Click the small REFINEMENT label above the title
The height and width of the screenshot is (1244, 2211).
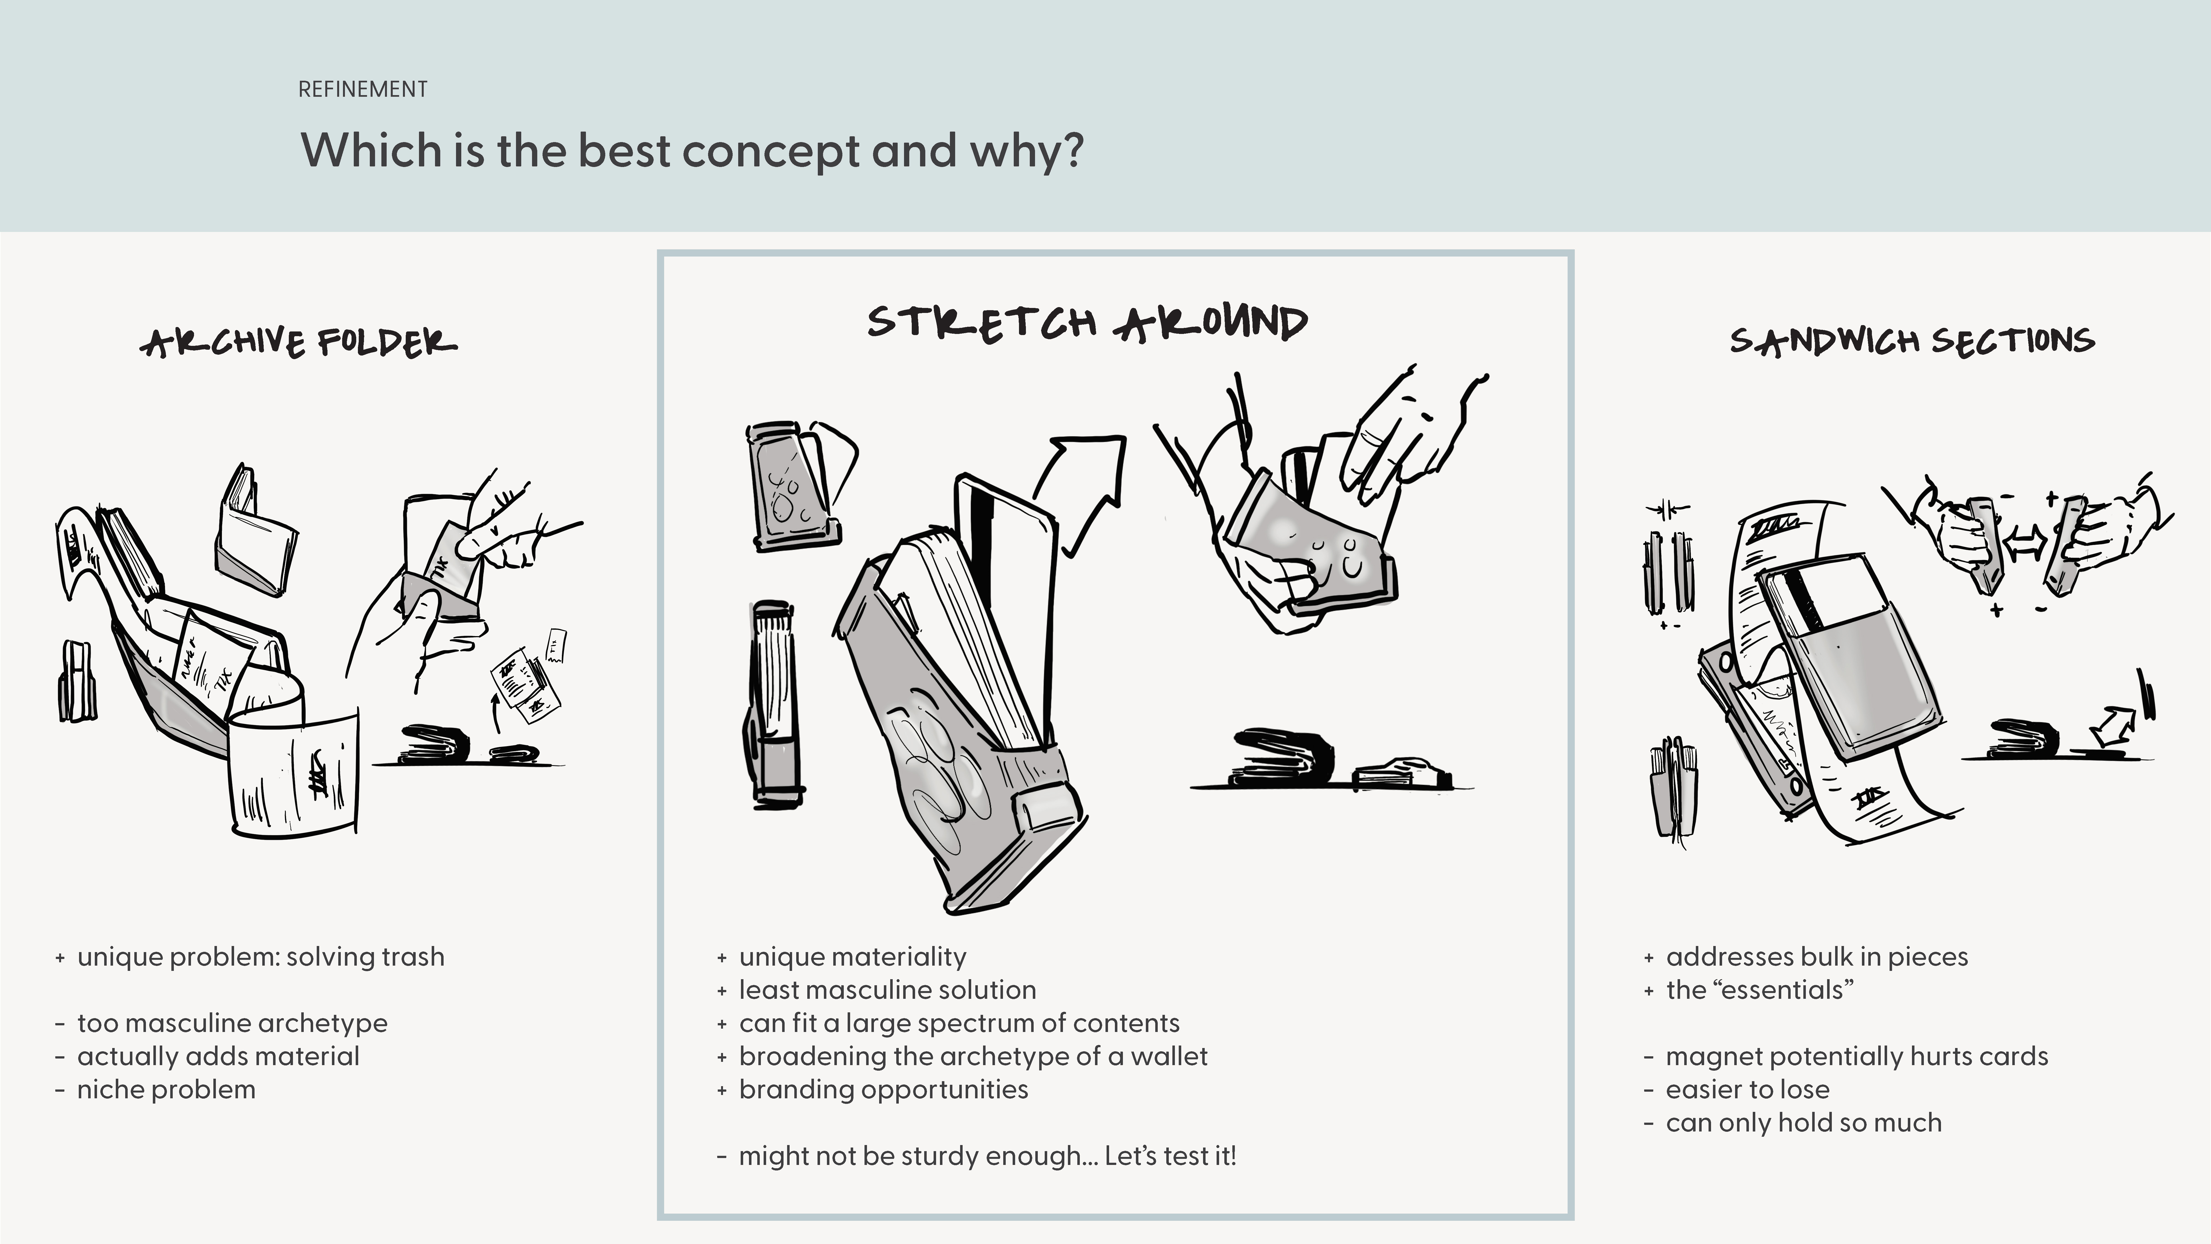(362, 89)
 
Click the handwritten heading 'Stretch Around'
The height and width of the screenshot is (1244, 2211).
(1088, 323)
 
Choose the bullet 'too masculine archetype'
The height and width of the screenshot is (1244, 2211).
(232, 1023)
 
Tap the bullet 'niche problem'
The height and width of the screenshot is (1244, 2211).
(166, 1089)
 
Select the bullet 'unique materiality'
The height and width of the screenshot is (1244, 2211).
(852, 956)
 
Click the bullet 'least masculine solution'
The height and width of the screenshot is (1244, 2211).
(887, 990)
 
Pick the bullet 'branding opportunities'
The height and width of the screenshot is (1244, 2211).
(883, 1089)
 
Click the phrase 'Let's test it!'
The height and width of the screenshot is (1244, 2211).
(1171, 1156)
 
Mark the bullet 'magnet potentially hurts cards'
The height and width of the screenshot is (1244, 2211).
(1856, 1056)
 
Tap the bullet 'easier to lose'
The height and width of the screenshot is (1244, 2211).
(1748, 1089)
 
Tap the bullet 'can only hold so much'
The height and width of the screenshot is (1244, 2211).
(1803, 1122)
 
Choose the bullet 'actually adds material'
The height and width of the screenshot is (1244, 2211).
(218, 1056)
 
